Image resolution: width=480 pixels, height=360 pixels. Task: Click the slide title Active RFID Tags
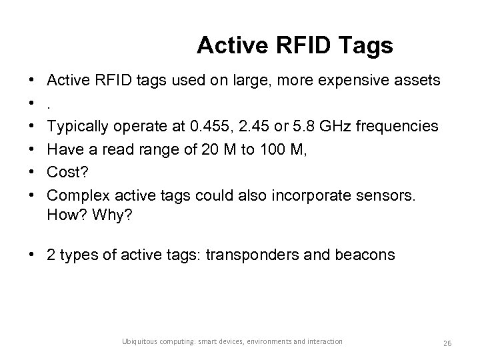(x=295, y=45)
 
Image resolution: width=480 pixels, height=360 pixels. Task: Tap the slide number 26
(x=447, y=343)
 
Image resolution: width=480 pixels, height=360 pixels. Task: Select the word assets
(x=419, y=81)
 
